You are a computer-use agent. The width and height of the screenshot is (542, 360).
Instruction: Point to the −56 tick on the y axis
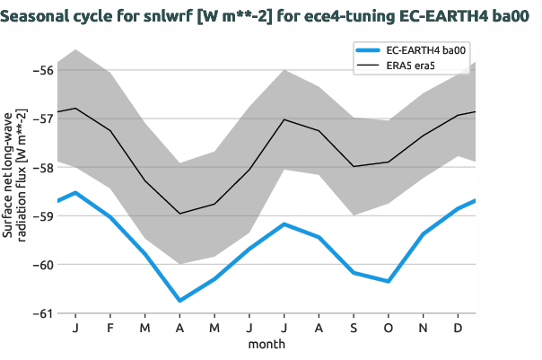coord(42,69)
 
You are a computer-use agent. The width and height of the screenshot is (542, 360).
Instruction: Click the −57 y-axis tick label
coord(42,118)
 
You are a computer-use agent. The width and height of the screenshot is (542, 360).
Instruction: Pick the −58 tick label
coord(42,167)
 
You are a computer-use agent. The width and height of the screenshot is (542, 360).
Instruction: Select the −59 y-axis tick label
coord(42,215)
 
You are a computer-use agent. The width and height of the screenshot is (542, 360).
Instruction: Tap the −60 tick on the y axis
coord(42,265)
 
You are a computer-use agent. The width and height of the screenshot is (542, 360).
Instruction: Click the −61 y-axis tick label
coord(42,313)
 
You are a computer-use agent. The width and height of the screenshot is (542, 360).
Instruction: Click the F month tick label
coord(109,328)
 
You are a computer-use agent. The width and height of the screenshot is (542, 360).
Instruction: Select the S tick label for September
coord(354,328)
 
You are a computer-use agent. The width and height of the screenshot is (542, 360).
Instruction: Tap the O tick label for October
coord(389,328)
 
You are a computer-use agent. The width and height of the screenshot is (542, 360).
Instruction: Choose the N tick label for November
coord(424,328)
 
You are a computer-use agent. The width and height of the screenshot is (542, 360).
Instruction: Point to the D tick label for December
coord(459,328)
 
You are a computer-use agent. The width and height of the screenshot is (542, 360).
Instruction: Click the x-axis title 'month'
coord(267,344)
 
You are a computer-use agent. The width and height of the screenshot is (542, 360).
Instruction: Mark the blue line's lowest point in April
coord(179,301)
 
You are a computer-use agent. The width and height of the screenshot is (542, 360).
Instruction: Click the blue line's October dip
coord(389,281)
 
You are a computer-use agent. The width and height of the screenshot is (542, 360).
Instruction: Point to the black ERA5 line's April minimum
coord(179,214)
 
